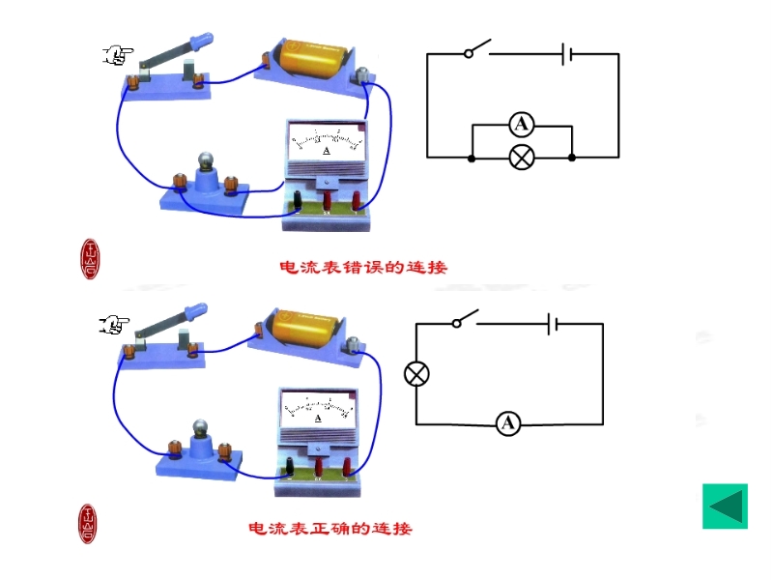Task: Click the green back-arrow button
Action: coord(725,506)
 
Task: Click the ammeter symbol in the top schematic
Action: coord(522,124)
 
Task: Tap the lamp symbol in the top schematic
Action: coord(522,158)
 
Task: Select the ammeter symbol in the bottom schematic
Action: coord(508,423)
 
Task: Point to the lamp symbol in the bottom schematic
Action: coord(416,374)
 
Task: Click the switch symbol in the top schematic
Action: coord(477,49)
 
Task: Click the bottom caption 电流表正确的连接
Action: coord(330,529)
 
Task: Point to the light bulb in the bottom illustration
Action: coord(200,428)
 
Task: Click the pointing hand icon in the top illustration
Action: coord(117,55)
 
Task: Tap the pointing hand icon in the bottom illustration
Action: coord(115,324)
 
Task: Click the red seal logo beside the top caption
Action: coord(90,258)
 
